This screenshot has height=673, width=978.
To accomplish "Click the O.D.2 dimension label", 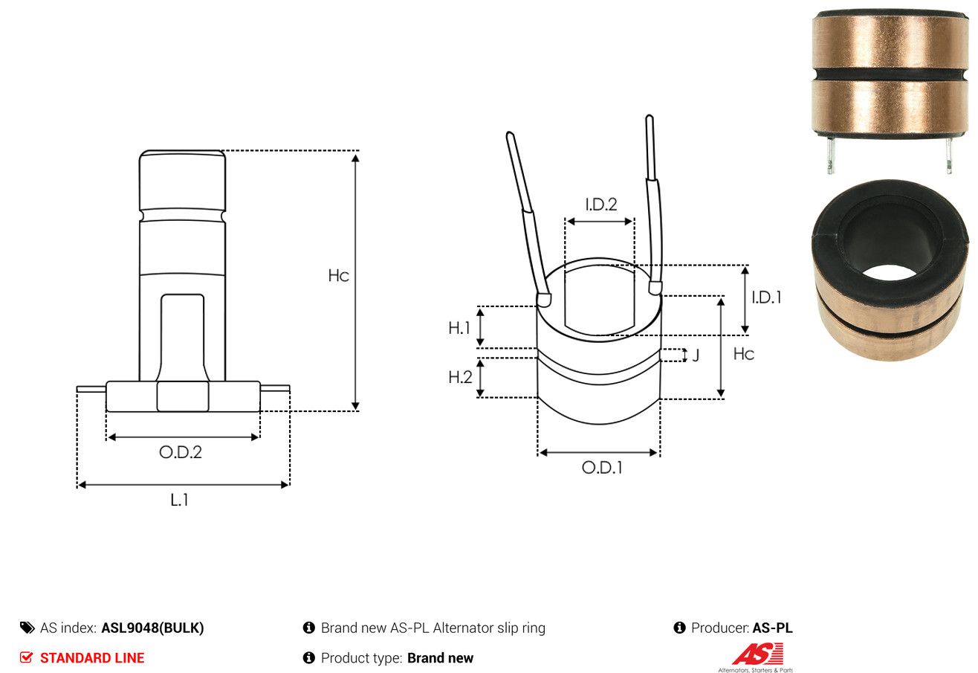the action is tap(181, 452).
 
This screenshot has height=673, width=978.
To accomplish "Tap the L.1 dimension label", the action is tap(179, 500).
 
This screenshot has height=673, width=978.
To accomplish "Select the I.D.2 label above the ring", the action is tap(601, 205).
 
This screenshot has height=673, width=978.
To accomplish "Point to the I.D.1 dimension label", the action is tap(766, 297).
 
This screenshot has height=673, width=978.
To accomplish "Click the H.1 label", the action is tap(459, 328).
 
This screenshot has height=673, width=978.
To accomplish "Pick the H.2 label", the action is tap(460, 377).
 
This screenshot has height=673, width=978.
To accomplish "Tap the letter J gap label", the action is tap(696, 355).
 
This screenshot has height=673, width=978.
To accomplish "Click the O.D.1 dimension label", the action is tap(602, 468).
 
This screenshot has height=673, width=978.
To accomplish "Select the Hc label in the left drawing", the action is tap(338, 276).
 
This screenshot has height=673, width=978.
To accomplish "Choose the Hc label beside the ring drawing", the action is tap(744, 354).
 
